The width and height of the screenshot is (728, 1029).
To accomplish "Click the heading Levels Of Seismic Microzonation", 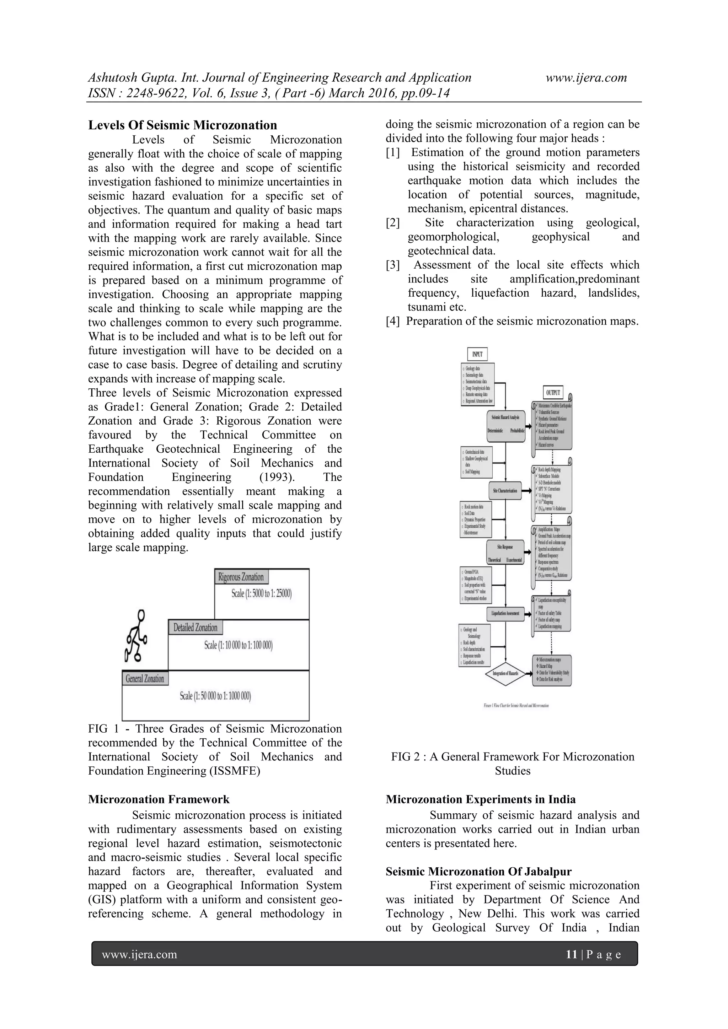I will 182,125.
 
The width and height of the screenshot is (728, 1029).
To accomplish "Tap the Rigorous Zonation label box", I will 241,577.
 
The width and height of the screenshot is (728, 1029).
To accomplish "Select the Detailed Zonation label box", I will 195,627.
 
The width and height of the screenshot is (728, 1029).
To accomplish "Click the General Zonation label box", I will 145,679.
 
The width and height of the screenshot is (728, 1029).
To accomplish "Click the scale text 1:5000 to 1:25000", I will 261,594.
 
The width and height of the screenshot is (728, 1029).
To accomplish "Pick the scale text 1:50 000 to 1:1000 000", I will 215,696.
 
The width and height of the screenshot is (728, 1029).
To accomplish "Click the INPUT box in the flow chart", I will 477,354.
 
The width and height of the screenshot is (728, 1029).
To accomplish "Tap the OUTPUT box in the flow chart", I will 553,392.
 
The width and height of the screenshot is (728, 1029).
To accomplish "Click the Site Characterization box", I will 505,491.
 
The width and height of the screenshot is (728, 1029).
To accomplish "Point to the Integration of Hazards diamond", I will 505,674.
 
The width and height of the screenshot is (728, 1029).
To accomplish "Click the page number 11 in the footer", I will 571,955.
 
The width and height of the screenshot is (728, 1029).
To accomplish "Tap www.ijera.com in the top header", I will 586,78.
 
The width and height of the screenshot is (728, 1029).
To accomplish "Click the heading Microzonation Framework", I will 159,799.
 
